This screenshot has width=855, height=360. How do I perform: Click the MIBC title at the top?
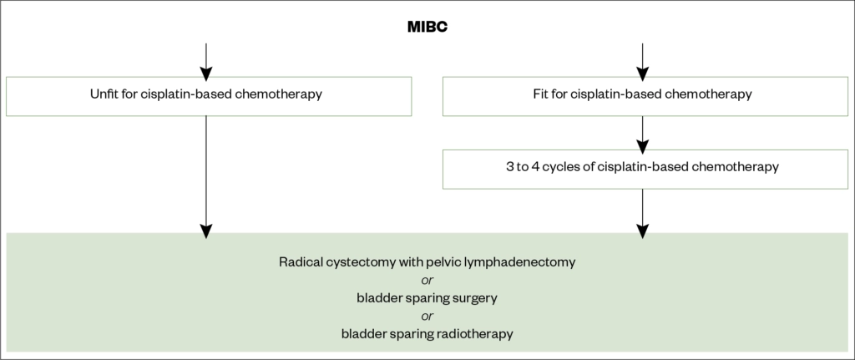[427, 27]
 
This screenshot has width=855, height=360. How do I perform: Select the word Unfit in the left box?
[104, 95]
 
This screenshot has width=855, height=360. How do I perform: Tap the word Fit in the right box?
[540, 95]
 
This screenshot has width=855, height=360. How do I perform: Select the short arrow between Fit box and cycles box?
[642, 132]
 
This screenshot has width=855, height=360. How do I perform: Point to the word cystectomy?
[360, 262]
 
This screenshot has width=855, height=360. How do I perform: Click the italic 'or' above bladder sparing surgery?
[427, 280]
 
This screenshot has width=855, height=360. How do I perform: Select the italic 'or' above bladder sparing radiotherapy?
[427, 316]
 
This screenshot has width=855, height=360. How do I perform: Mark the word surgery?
[475, 298]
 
